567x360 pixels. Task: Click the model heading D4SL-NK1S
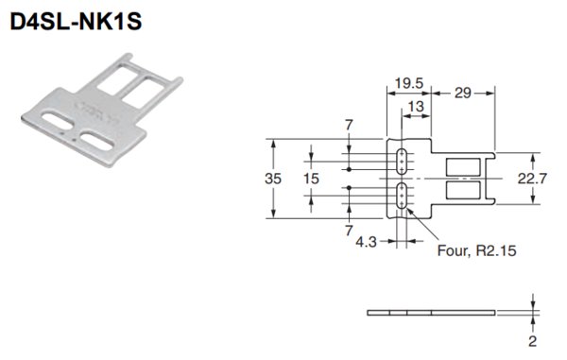click(76, 22)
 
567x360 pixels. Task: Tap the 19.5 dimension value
click(408, 83)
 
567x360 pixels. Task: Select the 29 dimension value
click(462, 94)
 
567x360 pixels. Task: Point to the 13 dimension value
click(416, 107)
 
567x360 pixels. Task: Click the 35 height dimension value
click(273, 179)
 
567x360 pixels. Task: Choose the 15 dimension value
click(311, 179)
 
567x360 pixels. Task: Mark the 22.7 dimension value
click(532, 179)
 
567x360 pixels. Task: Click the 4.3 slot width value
click(366, 242)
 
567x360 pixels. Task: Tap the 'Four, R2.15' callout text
click(476, 250)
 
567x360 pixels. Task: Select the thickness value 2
click(533, 341)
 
